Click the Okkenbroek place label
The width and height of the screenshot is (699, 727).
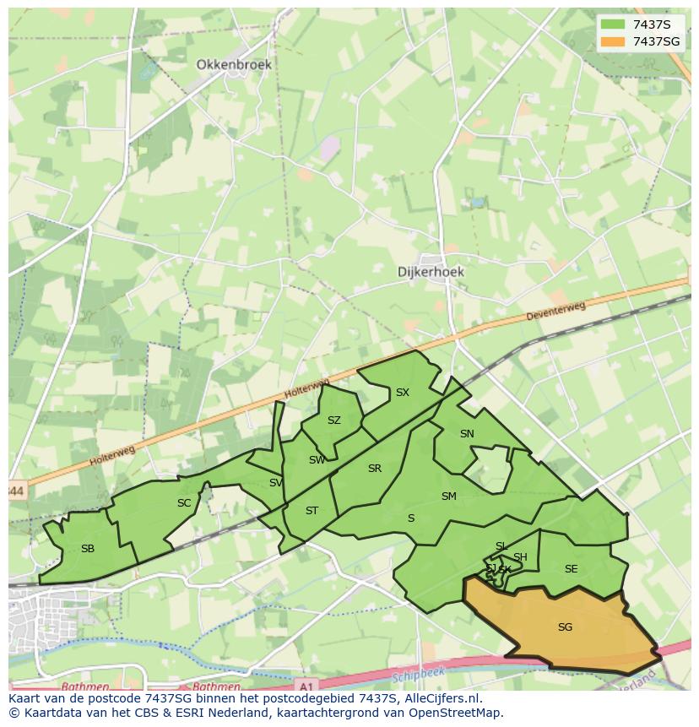point(235,64)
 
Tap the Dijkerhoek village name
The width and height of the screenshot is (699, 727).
point(431,272)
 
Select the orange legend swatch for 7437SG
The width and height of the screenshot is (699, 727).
point(613,41)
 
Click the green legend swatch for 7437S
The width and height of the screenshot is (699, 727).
point(613,24)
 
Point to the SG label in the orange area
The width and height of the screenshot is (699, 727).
point(565,627)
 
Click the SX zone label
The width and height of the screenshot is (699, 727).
point(403,393)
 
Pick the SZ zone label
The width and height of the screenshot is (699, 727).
point(334,420)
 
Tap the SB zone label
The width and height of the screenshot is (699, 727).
point(88,549)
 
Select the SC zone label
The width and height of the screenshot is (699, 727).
point(184,503)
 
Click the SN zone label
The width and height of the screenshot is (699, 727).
point(467,434)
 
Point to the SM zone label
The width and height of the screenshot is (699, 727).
point(448,496)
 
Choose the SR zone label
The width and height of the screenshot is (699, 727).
point(375,469)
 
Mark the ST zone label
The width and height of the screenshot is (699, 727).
point(312,511)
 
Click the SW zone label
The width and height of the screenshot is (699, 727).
point(317,460)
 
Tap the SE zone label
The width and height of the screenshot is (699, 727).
point(571,569)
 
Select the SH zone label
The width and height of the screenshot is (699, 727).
point(520,556)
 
